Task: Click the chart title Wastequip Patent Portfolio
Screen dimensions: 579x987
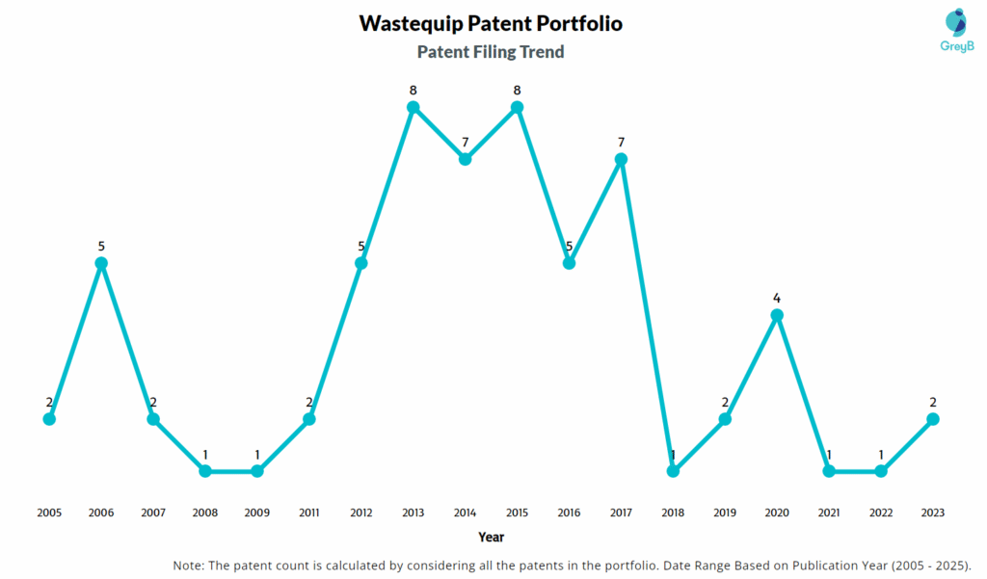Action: (x=491, y=23)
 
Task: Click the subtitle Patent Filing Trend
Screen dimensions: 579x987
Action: (x=491, y=52)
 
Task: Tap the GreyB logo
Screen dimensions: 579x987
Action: (x=956, y=31)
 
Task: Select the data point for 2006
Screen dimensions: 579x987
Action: (x=101, y=263)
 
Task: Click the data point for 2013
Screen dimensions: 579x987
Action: (x=413, y=107)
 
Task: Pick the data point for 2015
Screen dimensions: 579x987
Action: (x=517, y=107)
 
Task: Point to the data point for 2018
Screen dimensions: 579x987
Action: (x=673, y=471)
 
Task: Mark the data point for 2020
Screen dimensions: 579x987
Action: (x=777, y=315)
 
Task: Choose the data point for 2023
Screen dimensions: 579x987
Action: (x=933, y=419)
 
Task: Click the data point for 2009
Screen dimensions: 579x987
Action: (x=257, y=471)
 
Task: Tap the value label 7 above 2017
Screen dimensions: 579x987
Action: (x=622, y=143)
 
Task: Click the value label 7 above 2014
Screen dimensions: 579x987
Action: (x=465, y=143)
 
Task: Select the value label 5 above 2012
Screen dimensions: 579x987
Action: (x=361, y=247)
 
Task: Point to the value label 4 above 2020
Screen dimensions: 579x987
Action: (x=777, y=299)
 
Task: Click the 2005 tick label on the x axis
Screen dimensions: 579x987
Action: (x=49, y=513)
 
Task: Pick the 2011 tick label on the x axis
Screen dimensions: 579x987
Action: (x=309, y=513)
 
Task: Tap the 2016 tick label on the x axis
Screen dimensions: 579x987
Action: (x=569, y=513)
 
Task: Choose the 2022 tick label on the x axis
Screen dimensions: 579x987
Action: (x=881, y=513)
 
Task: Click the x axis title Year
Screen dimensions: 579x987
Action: (x=491, y=537)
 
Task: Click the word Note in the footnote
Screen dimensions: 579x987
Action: (x=190, y=565)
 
